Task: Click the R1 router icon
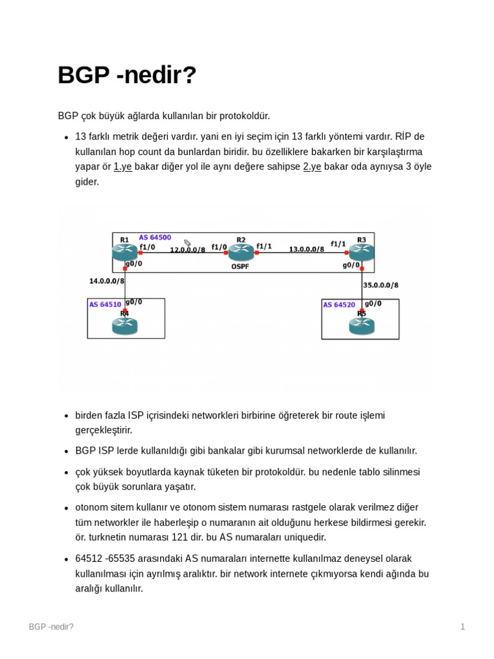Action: point(125,253)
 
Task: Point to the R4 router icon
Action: point(125,326)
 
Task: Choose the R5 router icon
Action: point(361,326)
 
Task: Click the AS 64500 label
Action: point(155,237)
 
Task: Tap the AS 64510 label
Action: point(105,304)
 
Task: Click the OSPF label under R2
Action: point(240,266)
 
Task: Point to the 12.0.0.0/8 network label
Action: point(187,249)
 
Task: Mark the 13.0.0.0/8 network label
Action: point(306,249)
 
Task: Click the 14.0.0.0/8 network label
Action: point(107,281)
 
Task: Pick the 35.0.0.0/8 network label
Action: point(381,284)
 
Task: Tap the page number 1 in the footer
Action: point(462,627)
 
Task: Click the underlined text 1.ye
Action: point(123,167)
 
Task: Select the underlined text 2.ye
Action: point(312,167)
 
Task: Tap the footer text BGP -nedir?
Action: point(51,627)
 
